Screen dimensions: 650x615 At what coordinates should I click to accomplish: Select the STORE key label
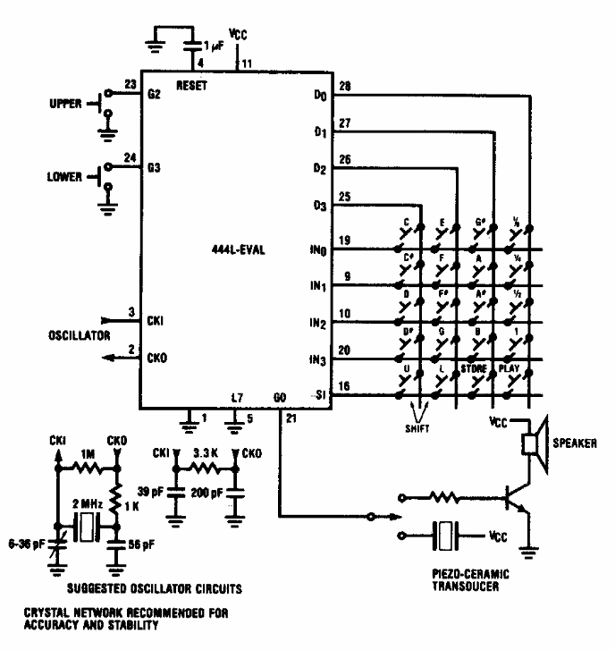click(x=473, y=367)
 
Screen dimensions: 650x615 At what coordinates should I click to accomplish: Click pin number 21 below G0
click(x=291, y=418)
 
